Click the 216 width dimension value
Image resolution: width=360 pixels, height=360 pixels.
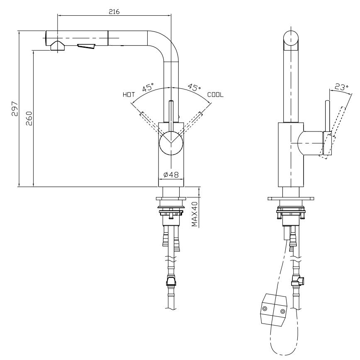click(114, 12)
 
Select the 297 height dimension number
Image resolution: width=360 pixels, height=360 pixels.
click(14, 109)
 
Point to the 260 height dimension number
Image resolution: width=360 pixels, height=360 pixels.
click(28, 119)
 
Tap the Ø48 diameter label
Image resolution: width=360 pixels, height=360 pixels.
click(171, 175)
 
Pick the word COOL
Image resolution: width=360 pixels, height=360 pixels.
click(216, 95)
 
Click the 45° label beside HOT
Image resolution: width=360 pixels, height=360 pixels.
click(148, 88)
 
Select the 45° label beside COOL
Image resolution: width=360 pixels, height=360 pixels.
click(194, 88)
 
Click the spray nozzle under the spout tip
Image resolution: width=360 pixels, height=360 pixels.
click(57, 46)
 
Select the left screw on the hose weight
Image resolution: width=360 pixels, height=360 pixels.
click(265, 308)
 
